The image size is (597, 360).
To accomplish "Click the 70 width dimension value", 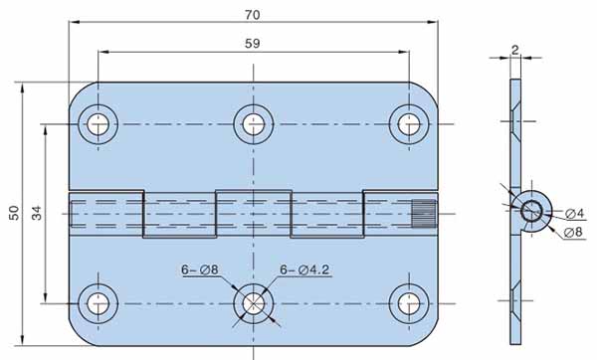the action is [253, 15].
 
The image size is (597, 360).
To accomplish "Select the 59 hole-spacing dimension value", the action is [253, 44].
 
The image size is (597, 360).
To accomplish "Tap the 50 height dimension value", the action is [14, 213].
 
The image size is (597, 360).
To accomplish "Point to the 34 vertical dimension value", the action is [37, 213].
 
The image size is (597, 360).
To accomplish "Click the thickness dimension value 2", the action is [514, 50].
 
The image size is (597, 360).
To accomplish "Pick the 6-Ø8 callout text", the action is [200, 270].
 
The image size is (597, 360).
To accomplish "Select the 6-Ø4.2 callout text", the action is [304, 270].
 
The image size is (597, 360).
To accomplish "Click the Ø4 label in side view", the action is [574, 214].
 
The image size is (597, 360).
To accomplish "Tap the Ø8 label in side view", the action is [573, 232].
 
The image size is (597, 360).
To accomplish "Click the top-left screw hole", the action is [98, 124].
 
